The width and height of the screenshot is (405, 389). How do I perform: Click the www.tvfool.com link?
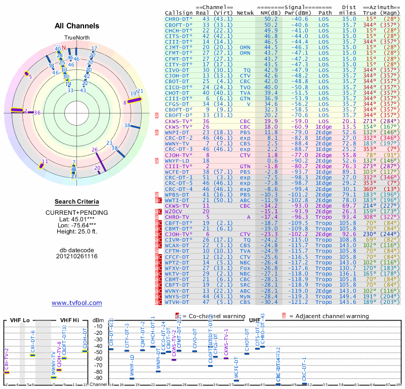[x=77, y=303]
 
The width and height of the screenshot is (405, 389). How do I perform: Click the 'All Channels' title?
[x=77, y=25]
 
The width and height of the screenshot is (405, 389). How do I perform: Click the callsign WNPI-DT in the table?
[x=177, y=132]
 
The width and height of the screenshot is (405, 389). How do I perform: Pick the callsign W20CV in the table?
[x=175, y=211]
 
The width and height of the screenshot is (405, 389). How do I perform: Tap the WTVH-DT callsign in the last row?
[x=177, y=302]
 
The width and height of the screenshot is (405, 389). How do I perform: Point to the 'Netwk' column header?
[x=245, y=13]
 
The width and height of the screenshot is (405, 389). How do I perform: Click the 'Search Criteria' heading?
[x=77, y=202]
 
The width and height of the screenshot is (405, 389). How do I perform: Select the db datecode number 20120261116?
[x=77, y=256]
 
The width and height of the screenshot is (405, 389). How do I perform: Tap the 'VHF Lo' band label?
[x=19, y=320]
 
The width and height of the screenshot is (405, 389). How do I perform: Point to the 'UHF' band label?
[x=255, y=320]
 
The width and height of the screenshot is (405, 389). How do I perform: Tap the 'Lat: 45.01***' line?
[x=77, y=219]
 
